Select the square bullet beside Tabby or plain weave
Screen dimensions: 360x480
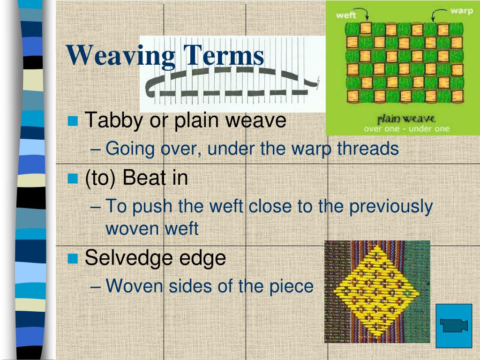tap(73, 121)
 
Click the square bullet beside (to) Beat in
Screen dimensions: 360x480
tap(73, 178)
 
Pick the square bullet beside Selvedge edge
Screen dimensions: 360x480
tap(73, 258)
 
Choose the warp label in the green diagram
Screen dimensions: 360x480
tap(461, 11)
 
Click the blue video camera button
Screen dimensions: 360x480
tap(454, 326)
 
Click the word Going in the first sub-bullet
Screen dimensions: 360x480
tap(130, 149)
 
